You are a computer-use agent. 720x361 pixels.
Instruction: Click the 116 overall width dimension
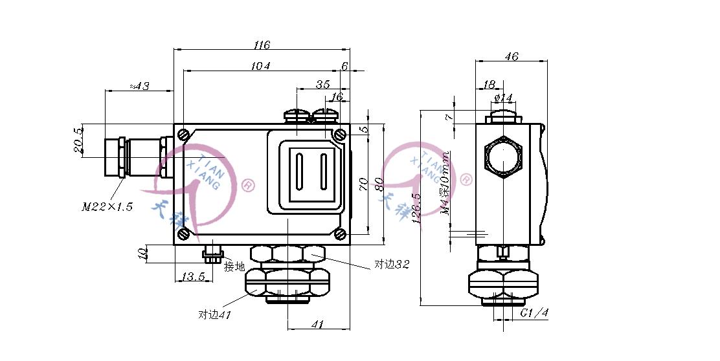click(x=262, y=45)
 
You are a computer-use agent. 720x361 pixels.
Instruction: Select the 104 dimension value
click(x=262, y=66)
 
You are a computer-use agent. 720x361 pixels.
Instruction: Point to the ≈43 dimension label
click(x=139, y=86)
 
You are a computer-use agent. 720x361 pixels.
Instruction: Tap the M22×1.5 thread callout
click(x=107, y=207)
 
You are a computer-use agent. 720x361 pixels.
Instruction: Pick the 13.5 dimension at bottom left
click(x=193, y=277)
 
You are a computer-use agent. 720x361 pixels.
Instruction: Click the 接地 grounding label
click(x=234, y=266)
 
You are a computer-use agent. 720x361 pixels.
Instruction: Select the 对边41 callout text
click(x=214, y=315)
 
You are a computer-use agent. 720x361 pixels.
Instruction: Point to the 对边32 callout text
click(x=392, y=265)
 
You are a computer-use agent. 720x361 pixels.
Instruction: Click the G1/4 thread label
click(x=535, y=313)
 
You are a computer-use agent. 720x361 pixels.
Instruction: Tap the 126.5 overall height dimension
click(x=416, y=207)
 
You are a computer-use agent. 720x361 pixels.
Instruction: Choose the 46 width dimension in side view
click(x=511, y=57)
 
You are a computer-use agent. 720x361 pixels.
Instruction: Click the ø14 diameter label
click(x=503, y=98)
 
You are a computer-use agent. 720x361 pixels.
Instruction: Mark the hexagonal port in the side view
click(x=502, y=156)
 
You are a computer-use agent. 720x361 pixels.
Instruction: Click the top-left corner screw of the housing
click(x=185, y=135)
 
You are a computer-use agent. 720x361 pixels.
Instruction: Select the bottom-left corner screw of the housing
click(x=185, y=234)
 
